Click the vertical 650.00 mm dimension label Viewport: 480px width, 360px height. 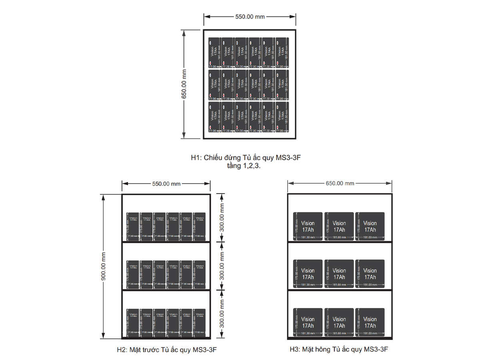click(184, 84)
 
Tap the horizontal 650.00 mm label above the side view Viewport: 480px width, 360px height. click(340, 183)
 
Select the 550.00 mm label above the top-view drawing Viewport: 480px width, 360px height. click(250, 17)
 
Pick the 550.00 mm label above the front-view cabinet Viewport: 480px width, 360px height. click(166, 184)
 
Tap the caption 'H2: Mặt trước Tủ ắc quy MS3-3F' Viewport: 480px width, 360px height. click(166, 350)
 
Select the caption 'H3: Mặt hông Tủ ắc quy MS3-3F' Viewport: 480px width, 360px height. click(339, 349)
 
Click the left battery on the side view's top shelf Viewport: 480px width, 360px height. click(308, 226)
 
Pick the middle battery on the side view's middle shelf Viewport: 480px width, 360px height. click(339, 274)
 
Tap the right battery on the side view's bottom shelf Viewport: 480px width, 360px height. click(370, 322)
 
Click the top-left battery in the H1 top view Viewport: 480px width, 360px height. click(214, 52)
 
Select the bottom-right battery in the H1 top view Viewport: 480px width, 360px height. click(282, 116)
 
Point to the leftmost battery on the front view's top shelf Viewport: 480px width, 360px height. click(133, 226)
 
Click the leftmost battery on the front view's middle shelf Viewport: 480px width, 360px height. click(133, 274)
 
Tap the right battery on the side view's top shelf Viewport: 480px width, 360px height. click(370, 226)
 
